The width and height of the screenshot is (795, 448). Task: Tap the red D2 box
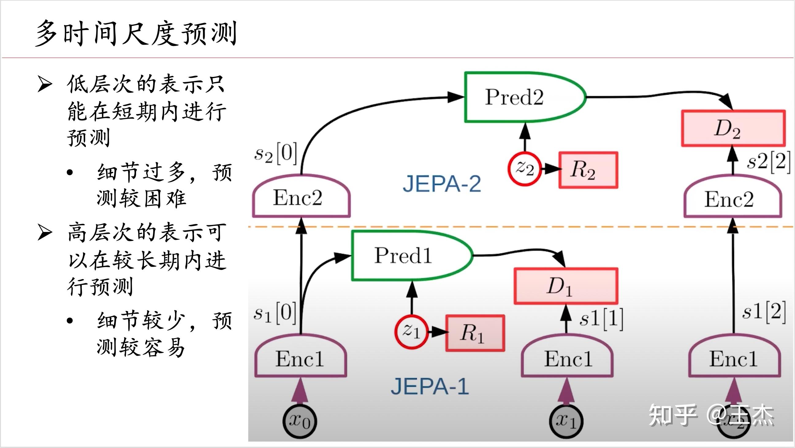point(733,128)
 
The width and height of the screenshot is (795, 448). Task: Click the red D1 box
point(566,286)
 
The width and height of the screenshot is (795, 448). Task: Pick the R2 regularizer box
point(588,170)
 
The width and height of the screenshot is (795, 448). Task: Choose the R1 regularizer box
point(475,333)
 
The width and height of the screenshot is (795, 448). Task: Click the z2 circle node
point(525,169)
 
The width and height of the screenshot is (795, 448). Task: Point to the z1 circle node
point(411,332)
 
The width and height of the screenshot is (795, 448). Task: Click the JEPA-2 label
point(442,184)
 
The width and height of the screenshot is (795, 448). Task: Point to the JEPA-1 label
point(430,386)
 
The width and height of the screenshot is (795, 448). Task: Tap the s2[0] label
point(276,154)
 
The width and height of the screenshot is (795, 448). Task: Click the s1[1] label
point(601,319)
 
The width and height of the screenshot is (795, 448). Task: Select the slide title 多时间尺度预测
point(136,33)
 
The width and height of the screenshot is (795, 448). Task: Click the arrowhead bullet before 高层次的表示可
point(45,233)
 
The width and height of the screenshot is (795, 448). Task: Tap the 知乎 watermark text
point(672,415)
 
